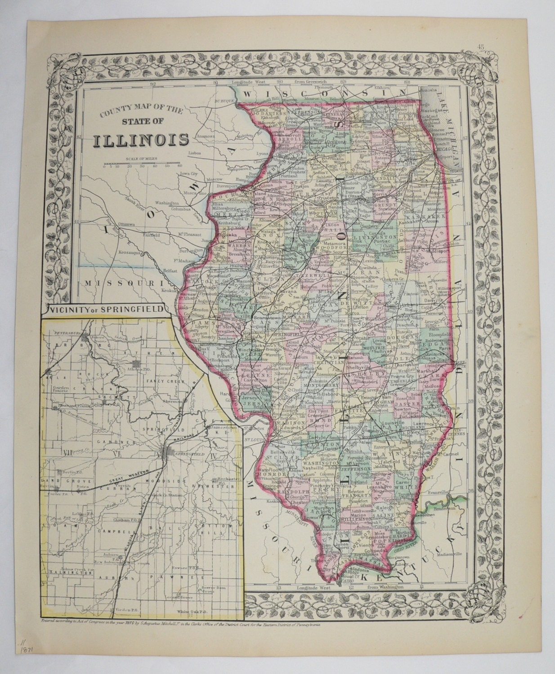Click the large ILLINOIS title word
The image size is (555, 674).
coord(141,140)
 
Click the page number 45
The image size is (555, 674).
coord(481,46)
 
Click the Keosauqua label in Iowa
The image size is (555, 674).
coord(130,253)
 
